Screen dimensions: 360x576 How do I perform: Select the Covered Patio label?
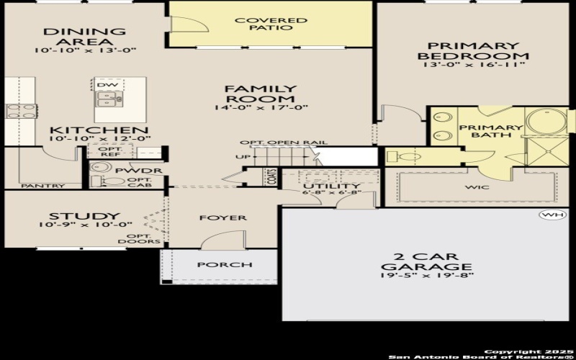pyautogui.click(x=271, y=24)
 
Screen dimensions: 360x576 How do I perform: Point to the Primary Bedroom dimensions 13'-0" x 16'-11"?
pyautogui.click(x=473, y=66)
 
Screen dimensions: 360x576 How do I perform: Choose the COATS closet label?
pyautogui.click(x=272, y=177)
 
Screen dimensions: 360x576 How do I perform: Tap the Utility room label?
pyautogui.click(x=331, y=186)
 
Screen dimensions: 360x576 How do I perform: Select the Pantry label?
pyautogui.click(x=42, y=186)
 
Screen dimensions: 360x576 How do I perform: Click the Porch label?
pyautogui.click(x=225, y=264)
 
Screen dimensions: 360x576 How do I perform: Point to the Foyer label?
pyautogui.click(x=222, y=217)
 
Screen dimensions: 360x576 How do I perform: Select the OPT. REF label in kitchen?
pyautogui.click(x=109, y=152)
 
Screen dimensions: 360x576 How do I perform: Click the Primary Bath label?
pyautogui.click(x=480, y=131)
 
